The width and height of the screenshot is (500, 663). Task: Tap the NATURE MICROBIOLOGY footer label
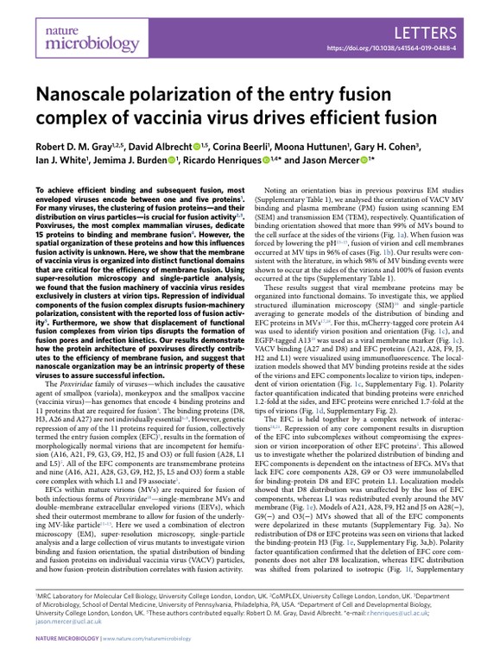click(x=66, y=646)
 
